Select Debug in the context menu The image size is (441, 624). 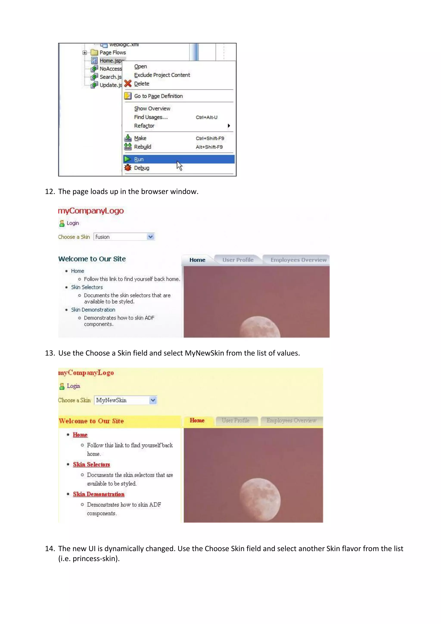pos(141,168)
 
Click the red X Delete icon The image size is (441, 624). pos(128,83)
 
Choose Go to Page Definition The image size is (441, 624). pos(158,96)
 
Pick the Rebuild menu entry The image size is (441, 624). pos(143,147)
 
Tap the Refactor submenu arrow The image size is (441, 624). pos(229,126)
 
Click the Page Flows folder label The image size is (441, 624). pos(113,52)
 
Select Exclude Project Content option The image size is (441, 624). pos(162,75)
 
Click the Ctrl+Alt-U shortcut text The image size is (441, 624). pos(206,117)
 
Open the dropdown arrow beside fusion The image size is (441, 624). pos(151,237)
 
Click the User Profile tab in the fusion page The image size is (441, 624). pos(238,260)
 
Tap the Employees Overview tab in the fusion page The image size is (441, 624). pos(298,260)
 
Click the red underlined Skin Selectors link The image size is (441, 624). pos(91,465)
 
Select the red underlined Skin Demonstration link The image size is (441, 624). pos(99,494)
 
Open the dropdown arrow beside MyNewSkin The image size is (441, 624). pos(153,400)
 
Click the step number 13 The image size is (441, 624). pos(50,353)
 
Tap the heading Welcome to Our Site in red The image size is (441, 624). pos(91,421)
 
